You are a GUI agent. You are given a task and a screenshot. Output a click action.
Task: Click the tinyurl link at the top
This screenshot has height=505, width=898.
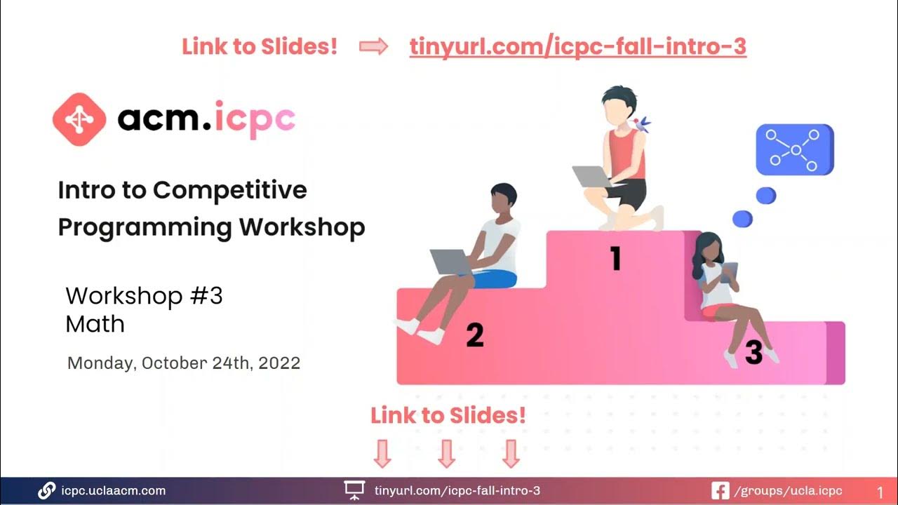click(577, 47)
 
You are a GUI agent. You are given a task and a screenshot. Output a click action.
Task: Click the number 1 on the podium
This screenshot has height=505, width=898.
click(615, 258)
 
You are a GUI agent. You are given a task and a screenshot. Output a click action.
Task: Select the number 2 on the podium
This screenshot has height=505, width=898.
click(475, 335)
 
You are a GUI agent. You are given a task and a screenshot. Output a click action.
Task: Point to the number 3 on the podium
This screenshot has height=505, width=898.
click(753, 353)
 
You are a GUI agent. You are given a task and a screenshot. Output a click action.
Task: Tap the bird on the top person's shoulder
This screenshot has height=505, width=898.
click(641, 125)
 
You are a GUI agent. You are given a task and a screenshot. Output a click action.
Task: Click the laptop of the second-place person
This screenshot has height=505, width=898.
click(450, 262)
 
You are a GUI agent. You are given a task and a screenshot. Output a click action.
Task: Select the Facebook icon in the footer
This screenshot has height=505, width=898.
click(720, 490)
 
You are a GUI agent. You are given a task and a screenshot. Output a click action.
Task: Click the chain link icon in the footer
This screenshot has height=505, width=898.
click(47, 490)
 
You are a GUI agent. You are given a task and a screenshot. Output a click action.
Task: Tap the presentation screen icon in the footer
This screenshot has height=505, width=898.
click(354, 490)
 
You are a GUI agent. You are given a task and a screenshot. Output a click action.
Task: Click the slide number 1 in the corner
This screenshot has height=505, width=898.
click(880, 492)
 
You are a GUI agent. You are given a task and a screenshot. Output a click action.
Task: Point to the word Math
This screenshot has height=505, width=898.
click(95, 324)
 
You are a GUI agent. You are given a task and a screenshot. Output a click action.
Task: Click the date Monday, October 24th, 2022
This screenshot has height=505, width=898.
click(184, 363)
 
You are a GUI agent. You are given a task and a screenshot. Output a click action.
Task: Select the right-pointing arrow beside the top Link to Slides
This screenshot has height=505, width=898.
click(373, 47)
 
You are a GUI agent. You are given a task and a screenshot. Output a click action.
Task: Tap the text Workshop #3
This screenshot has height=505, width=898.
click(144, 296)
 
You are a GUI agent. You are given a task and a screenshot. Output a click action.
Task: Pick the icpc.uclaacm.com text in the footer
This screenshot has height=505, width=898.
click(114, 490)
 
